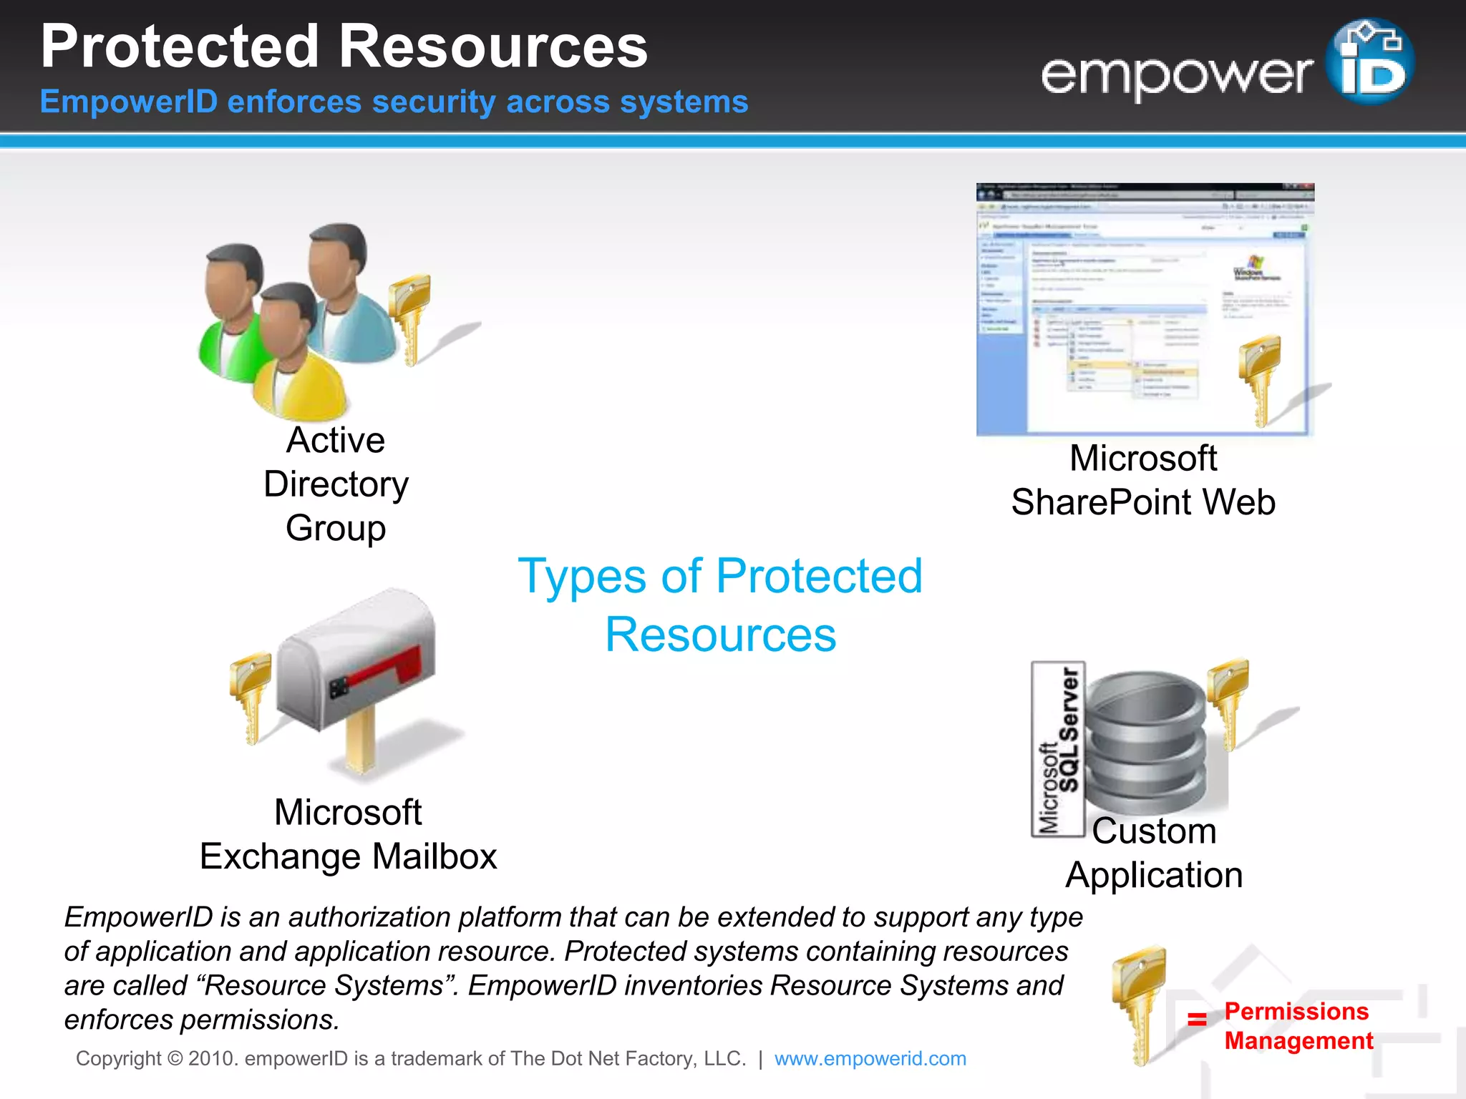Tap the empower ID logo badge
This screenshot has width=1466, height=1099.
pyautogui.click(x=1369, y=62)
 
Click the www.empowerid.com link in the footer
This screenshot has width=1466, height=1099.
pyautogui.click(x=870, y=1058)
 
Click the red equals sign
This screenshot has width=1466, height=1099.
pyautogui.click(x=1197, y=1019)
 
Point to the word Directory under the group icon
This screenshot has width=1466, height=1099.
pyautogui.click(x=336, y=484)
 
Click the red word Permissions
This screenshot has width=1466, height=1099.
pyautogui.click(x=1296, y=1011)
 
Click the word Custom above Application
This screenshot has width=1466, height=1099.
pyautogui.click(x=1154, y=831)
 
